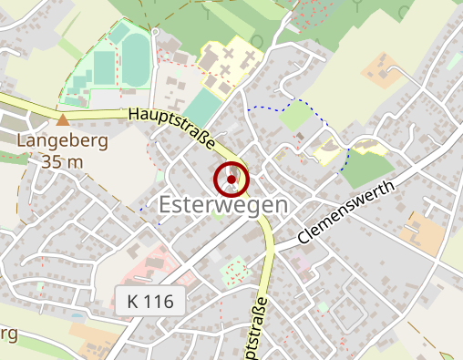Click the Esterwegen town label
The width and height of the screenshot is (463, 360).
tap(223, 205)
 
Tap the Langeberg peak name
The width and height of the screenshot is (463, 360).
tap(63, 142)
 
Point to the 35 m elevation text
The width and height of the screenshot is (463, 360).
tap(63, 161)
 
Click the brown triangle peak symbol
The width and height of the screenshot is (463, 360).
tap(63, 119)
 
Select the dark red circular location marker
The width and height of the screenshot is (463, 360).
tap(231, 180)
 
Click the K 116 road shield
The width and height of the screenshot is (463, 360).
tap(151, 299)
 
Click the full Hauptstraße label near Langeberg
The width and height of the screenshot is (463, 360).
tap(173, 129)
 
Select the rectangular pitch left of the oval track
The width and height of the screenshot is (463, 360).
tap(104, 66)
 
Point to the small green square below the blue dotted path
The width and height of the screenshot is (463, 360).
tap(294, 116)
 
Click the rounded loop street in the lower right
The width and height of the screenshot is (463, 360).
tap(346, 314)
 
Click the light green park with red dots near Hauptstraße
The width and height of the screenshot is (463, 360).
tap(236, 270)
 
